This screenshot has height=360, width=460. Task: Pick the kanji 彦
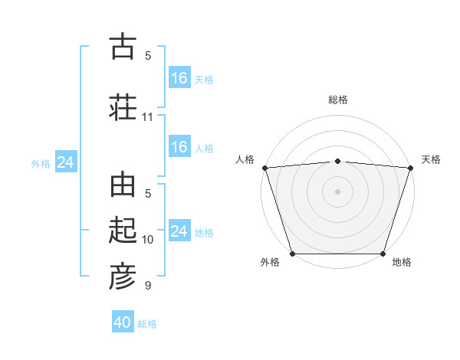123,277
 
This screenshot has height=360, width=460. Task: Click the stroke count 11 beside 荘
148,117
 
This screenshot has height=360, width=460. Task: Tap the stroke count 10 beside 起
148,240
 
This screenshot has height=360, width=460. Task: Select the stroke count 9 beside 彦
148,286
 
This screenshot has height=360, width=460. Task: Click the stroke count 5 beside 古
148,56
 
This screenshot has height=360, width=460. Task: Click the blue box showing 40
123,322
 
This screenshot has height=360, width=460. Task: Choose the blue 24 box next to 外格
65,162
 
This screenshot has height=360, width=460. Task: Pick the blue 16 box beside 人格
179,147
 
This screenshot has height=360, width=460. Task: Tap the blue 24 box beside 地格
179,231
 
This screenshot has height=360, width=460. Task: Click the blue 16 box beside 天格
179,78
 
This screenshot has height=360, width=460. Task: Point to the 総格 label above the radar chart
338,100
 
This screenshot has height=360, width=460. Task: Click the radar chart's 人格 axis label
245,159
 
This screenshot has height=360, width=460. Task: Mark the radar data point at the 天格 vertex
410,168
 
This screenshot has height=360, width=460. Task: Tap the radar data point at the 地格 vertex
383,254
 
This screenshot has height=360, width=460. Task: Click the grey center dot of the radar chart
337,191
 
